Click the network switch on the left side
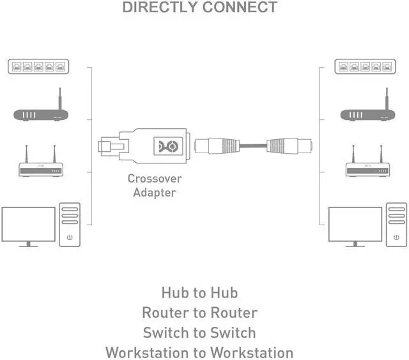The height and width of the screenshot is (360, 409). pos(38,66)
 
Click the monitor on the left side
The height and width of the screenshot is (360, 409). pos(28,225)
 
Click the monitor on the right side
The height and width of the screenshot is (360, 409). pos(355,225)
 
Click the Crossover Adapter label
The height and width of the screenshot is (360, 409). pos(154,185)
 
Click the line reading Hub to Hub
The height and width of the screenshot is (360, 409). pos(199,293)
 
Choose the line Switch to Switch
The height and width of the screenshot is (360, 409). pos(199,333)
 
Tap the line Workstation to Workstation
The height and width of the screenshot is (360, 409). pos(199,352)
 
